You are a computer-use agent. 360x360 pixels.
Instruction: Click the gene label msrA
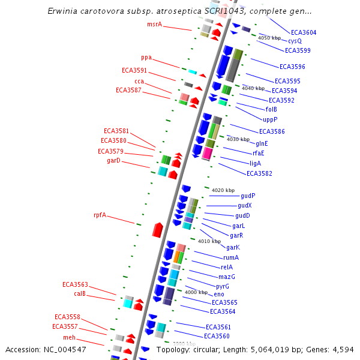point(155,24)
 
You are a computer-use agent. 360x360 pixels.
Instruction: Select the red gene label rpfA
point(100,215)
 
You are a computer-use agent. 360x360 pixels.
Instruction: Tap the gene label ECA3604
point(304,32)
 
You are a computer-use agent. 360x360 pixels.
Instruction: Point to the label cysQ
point(295,41)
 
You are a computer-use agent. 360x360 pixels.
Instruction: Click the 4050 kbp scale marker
point(269,38)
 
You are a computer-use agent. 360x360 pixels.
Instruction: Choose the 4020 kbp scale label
point(223,190)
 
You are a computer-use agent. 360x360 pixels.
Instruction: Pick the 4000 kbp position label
point(196,292)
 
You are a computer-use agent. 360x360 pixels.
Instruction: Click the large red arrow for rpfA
point(158,229)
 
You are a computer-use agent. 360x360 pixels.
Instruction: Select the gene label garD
point(114,160)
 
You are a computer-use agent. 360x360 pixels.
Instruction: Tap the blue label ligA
point(255,163)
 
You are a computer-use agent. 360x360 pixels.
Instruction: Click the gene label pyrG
point(223,286)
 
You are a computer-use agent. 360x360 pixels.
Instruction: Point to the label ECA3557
point(65,326)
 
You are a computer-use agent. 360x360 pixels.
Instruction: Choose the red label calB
point(80,293)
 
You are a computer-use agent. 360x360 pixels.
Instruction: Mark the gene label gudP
point(248,196)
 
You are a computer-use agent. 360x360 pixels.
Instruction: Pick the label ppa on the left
point(146,58)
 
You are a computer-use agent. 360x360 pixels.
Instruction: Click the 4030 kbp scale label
point(238,139)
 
